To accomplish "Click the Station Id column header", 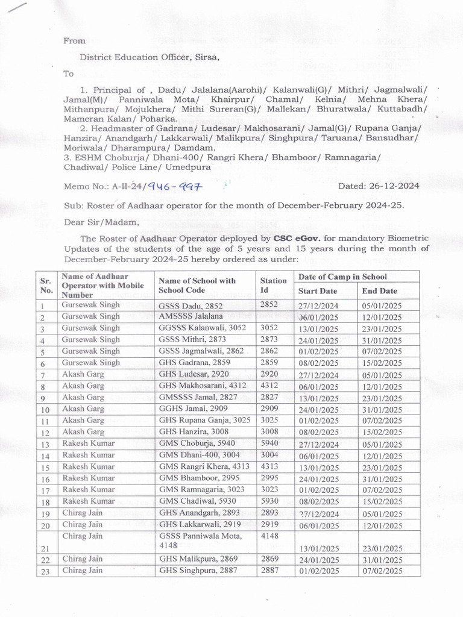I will click(x=273, y=285).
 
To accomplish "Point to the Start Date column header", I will click(x=318, y=291).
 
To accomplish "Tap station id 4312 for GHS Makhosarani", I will click(x=269, y=386).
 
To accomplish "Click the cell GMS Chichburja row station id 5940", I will click(x=269, y=443).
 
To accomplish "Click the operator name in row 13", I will click(x=88, y=443).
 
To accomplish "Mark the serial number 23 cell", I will click(x=44, y=571).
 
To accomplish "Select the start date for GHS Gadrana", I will click(x=318, y=363).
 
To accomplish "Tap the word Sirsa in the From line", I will click(x=206, y=57).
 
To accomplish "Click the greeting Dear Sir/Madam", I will click(x=101, y=222).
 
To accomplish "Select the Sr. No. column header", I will click(x=45, y=285).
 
